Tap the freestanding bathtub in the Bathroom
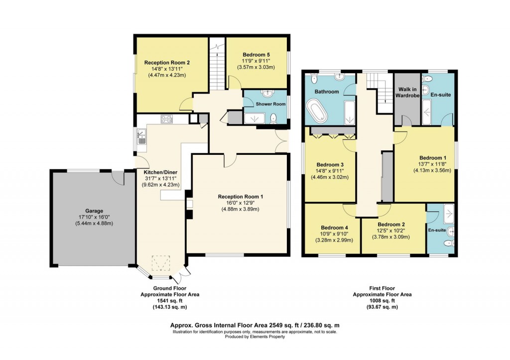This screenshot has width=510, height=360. (x=317, y=111)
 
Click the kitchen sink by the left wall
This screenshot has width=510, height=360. (x=142, y=136)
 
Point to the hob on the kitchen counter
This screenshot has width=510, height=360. (x=166, y=119)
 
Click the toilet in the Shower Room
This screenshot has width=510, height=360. (x=273, y=118)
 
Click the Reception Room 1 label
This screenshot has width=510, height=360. (x=240, y=197)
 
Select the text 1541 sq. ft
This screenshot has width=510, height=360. (x=170, y=301)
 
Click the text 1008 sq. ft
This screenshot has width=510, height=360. (x=382, y=301)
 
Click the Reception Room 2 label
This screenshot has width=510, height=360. (x=167, y=62)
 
